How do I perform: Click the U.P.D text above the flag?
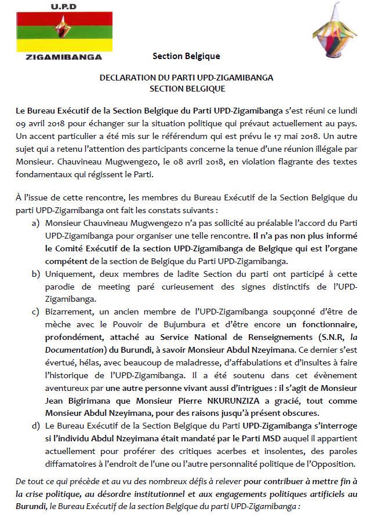tap(56, 7)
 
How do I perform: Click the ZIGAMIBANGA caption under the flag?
tap(56, 57)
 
